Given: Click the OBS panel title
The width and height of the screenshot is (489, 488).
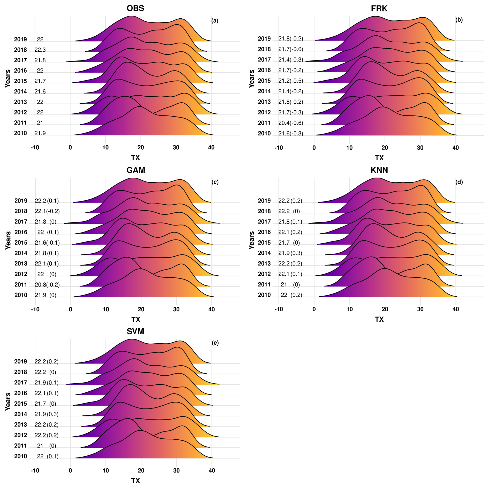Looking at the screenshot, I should (135, 8).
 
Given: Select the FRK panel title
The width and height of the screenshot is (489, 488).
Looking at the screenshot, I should (379, 9).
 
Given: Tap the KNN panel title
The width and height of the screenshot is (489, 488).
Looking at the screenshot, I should (379, 170).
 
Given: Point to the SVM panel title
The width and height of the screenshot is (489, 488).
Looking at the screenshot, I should (135, 331).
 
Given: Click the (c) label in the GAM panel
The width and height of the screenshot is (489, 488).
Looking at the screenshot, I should (215, 182).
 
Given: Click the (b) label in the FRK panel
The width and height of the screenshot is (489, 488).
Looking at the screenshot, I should (459, 20).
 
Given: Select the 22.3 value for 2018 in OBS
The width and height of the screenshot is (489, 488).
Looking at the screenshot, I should (40, 50).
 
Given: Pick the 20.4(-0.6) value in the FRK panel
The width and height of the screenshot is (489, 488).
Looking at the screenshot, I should (291, 123).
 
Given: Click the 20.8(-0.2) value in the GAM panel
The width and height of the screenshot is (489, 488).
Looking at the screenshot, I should (47, 285).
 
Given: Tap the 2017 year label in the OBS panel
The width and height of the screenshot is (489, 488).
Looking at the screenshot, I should (20, 60).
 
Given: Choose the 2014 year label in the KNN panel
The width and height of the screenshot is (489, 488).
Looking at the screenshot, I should (264, 253).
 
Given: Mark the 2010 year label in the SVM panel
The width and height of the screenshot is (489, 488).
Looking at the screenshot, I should (20, 456).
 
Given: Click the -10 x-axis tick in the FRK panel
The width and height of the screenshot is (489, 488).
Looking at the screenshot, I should (278, 148).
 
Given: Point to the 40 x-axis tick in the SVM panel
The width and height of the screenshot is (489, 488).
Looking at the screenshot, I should (212, 470).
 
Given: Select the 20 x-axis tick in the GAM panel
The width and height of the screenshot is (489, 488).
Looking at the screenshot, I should (141, 309).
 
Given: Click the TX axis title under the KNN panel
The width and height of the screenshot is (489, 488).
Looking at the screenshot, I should (379, 319).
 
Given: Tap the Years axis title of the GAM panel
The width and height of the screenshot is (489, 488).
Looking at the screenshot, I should (8, 240).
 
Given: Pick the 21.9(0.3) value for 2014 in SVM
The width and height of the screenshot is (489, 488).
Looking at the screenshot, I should (47, 414).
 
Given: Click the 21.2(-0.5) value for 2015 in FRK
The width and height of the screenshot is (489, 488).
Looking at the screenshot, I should (291, 81).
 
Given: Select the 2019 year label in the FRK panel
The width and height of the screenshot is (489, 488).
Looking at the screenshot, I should (264, 39).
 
